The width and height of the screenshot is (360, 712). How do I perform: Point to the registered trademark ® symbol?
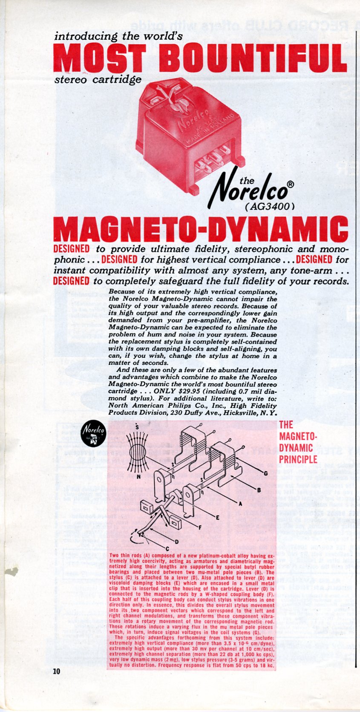pos(290,184)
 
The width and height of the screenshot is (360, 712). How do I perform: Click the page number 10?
pos(57,672)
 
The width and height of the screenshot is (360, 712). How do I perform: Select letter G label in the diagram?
pos(266,473)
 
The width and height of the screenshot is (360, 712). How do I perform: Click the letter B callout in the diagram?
pos(258,490)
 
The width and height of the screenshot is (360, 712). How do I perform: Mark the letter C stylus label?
pos(167,548)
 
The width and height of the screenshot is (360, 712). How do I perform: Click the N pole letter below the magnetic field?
pos(138,476)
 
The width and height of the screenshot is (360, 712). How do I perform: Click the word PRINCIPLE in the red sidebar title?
pos(298,459)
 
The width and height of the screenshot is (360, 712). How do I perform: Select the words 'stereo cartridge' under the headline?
pos(98,79)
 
